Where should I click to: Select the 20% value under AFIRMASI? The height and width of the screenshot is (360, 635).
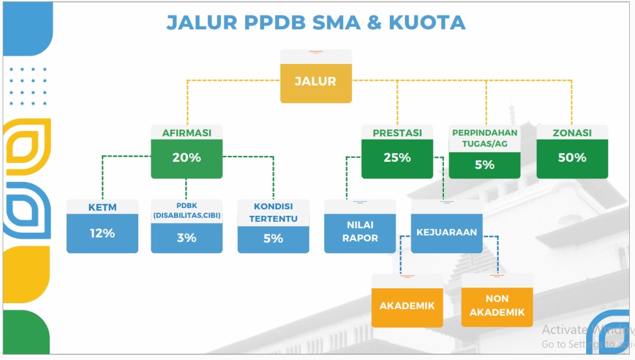tap(186, 158)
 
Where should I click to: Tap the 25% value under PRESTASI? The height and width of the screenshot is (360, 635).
tap(397, 158)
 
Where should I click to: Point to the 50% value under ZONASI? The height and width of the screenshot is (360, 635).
tap(572, 158)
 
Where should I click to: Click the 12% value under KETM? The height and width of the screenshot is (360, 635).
tap(102, 233)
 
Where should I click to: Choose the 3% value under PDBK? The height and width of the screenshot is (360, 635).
tap(186, 237)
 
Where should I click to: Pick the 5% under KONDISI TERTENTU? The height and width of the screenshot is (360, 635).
tap(273, 239)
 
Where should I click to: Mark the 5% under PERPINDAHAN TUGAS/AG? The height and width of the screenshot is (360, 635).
tap(485, 165)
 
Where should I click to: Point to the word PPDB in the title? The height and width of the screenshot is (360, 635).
tap(275, 23)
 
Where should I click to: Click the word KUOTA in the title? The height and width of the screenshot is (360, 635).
tap(427, 23)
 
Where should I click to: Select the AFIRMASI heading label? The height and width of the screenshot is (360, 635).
tap(186, 133)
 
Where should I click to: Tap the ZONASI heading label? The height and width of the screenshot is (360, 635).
tap(572, 133)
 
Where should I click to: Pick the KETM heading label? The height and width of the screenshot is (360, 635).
tap(102, 207)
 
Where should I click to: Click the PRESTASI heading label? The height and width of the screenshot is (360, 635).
tap(397, 133)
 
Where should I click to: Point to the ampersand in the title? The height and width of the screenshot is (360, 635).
tap(375, 23)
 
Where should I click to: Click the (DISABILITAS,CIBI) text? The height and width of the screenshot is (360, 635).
tap(186, 215)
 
